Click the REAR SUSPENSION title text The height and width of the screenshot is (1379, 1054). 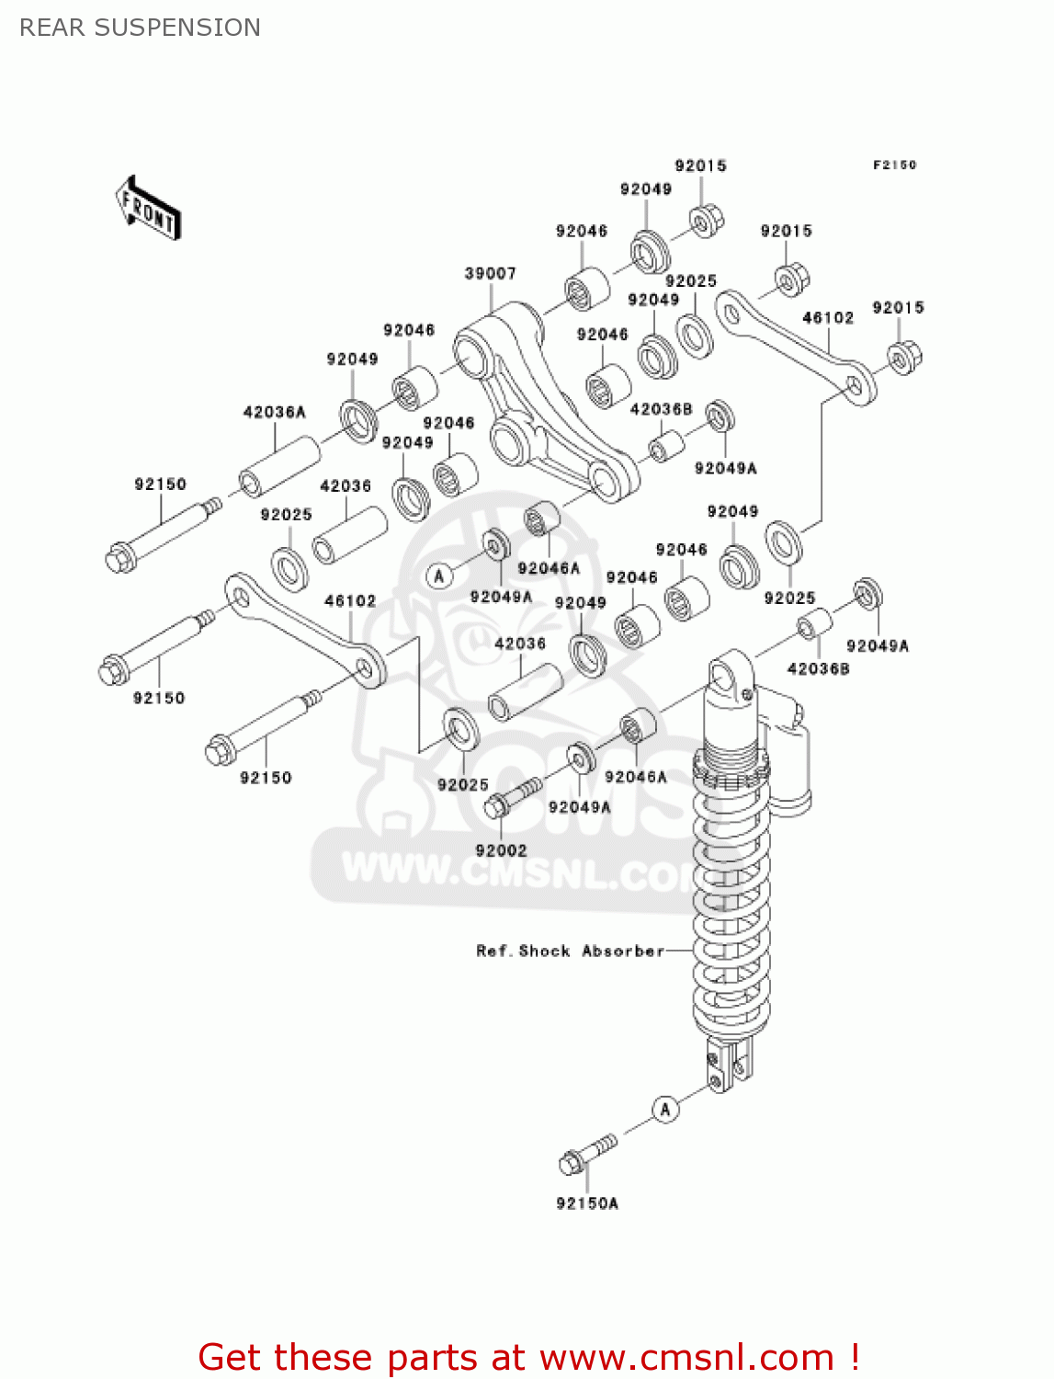140,28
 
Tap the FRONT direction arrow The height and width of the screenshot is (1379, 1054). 148,209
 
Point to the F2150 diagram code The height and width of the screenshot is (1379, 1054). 893,165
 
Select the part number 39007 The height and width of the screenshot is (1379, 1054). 490,273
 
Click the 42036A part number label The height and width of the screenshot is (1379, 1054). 274,412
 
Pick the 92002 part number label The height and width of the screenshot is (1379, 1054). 501,850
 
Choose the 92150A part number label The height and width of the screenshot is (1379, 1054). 587,1202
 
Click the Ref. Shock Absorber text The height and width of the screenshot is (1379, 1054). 570,951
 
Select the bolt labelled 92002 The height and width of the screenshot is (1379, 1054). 510,796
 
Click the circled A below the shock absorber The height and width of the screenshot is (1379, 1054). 665,1109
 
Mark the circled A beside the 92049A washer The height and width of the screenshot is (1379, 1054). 439,576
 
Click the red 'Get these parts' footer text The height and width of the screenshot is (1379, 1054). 528,1357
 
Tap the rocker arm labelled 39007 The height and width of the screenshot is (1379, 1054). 542,405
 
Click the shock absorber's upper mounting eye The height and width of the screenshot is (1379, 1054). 730,676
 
